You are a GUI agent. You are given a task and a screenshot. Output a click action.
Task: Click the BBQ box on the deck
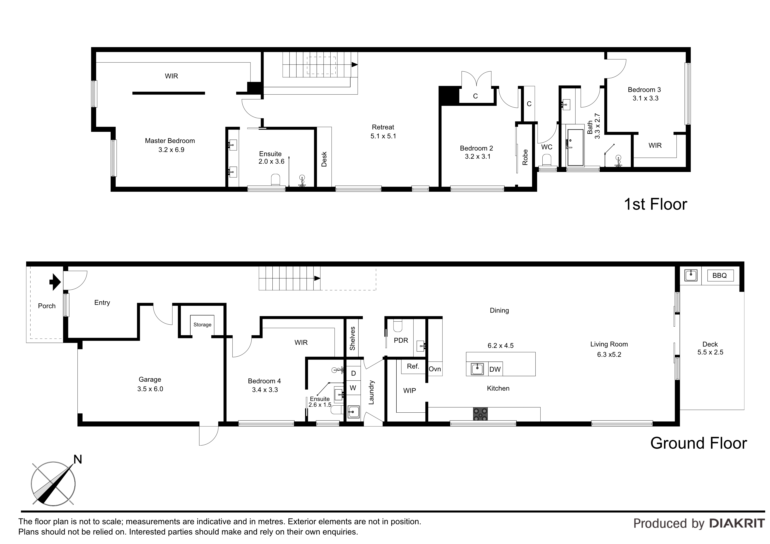720,276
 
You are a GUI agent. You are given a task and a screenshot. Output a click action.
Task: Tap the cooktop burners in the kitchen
480,414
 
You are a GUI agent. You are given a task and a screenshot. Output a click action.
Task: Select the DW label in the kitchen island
495,369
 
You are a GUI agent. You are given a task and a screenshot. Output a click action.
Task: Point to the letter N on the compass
78,459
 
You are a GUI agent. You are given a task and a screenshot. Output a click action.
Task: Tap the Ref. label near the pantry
413,366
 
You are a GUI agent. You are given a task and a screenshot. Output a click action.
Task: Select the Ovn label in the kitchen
435,369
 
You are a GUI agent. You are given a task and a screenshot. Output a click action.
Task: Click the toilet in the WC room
547,160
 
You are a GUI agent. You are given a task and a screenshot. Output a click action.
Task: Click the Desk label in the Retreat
324,159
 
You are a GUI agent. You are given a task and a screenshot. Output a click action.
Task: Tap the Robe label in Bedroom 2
525,157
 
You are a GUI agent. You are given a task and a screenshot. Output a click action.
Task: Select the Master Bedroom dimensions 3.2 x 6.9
171,150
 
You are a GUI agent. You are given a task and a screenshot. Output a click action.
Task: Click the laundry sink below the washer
353,412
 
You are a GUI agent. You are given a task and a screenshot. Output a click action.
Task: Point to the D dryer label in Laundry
353,373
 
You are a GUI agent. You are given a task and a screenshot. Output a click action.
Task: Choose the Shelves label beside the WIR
352,338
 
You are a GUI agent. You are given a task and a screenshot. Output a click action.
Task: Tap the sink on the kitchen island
477,369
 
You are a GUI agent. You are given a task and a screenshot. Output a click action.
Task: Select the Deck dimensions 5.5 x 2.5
710,352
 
